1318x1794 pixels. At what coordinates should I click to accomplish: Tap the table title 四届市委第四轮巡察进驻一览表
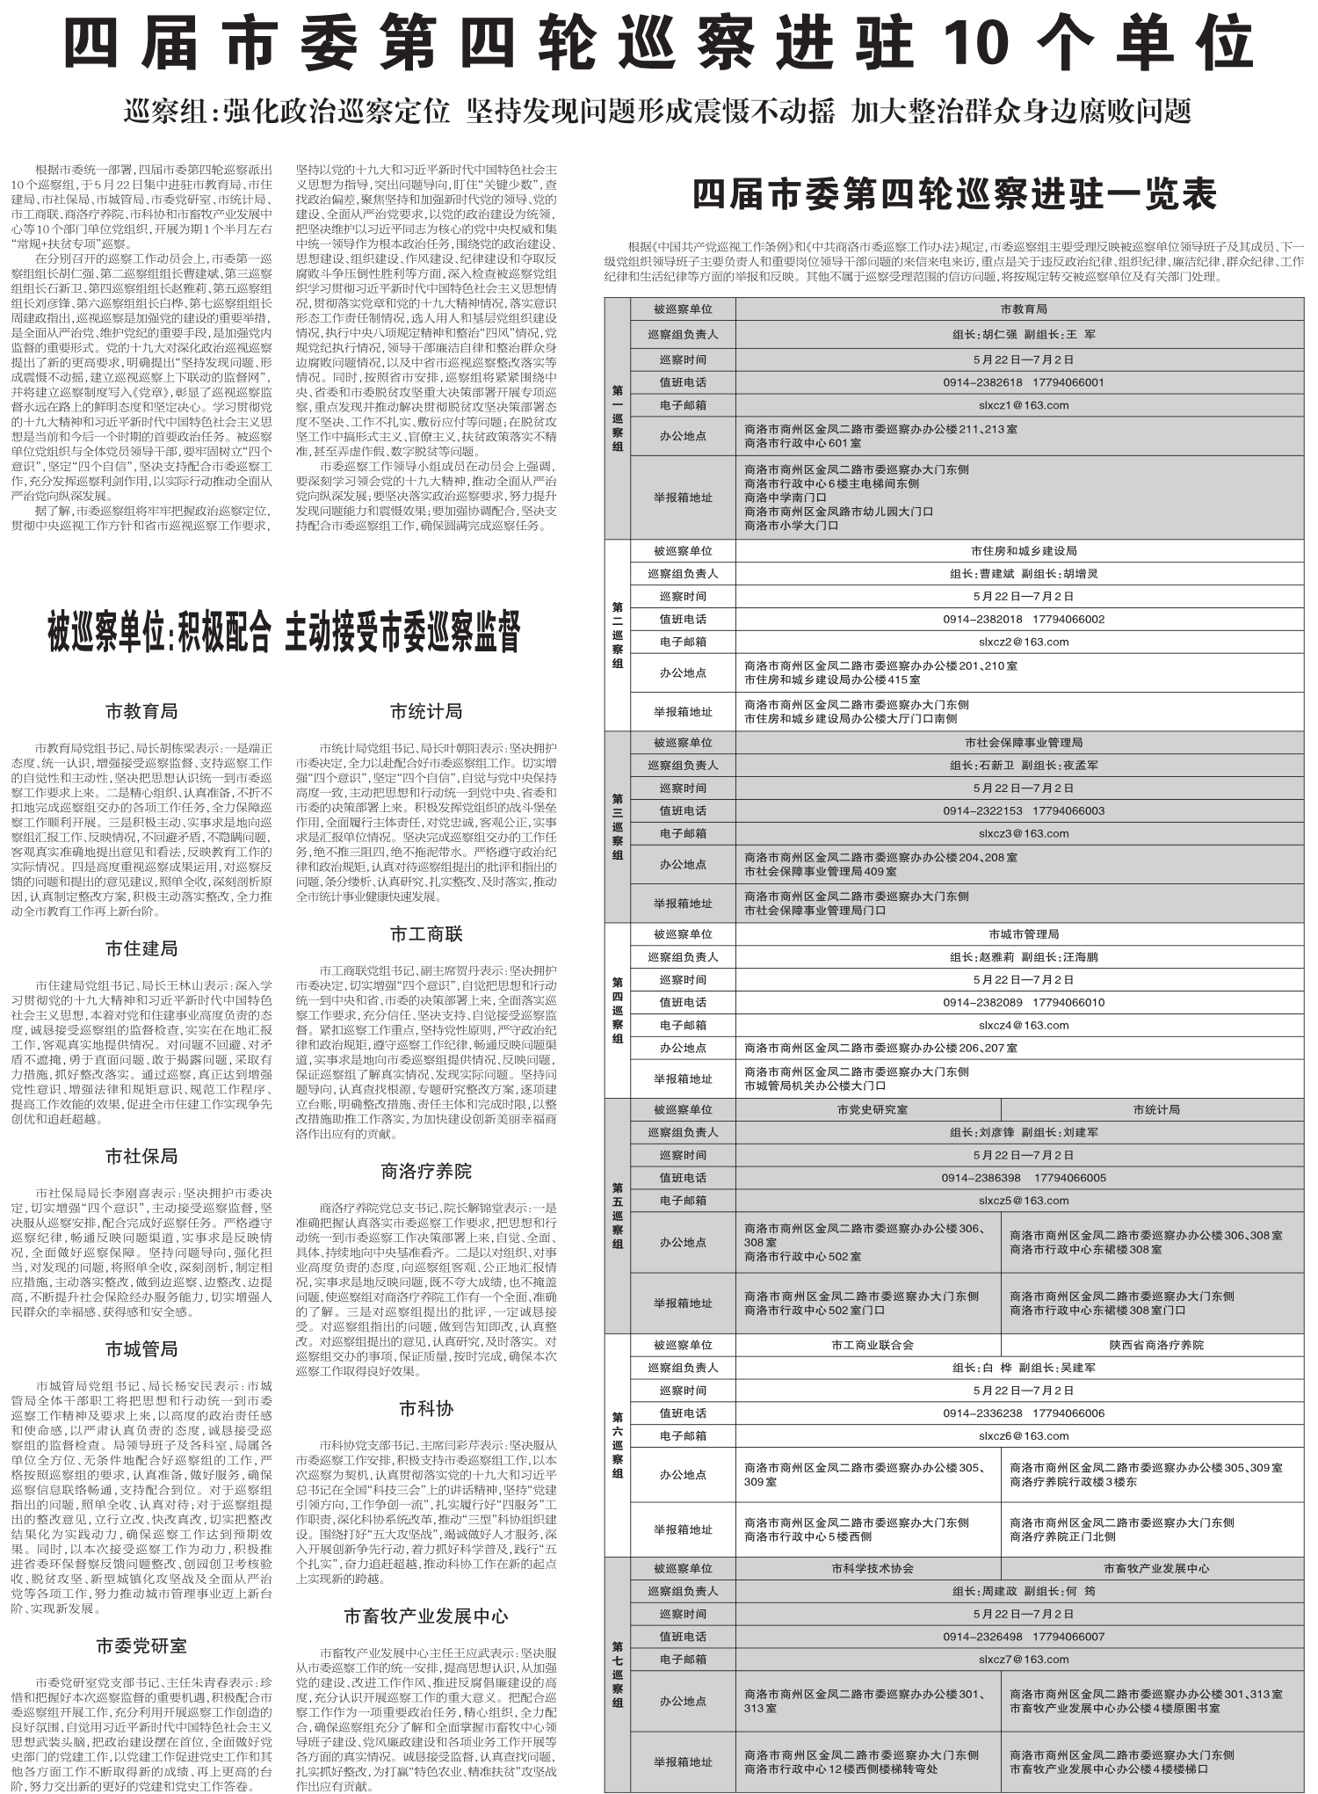(x=954, y=194)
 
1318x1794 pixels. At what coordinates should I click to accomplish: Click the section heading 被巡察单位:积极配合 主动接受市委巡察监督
(x=284, y=632)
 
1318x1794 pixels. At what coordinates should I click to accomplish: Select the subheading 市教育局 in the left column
(x=141, y=710)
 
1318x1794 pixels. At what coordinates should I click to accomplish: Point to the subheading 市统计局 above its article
(x=426, y=710)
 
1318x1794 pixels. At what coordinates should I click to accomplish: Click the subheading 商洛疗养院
(x=426, y=1171)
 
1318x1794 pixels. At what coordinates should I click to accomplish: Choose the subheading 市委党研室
(x=141, y=1645)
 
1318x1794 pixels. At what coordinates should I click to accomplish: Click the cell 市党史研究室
(x=872, y=1109)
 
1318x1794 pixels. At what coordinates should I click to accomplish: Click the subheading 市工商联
(x=426, y=933)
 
